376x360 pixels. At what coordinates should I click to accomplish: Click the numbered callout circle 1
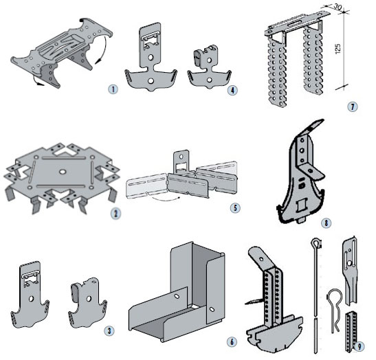pyautogui.click(x=113, y=89)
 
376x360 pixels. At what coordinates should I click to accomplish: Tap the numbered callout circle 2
pyautogui.click(x=115, y=213)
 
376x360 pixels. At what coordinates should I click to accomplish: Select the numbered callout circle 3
pyautogui.click(x=109, y=331)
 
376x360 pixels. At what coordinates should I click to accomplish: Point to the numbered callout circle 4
pyautogui.click(x=232, y=90)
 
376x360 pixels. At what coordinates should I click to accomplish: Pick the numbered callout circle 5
pyautogui.click(x=235, y=207)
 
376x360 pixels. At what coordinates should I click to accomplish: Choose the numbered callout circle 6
pyautogui.click(x=232, y=341)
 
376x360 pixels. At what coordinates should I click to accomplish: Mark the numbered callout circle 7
pyautogui.click(x=352, y=106)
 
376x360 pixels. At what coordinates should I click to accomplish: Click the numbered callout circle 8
pyautogui.click(x=326, y=223)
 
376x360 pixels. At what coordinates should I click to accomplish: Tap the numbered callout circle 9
pyautogui.click(x=360, y=346)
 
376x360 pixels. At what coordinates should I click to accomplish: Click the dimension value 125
pyautogui.click(x=338, y=49)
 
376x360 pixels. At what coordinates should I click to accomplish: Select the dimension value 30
pyautogui.click(x=337, y=7)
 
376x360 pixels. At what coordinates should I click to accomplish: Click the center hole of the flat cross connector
pyautogui.click(x=63, y=172)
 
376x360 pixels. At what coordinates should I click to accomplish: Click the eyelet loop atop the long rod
pyautogui.click(x=316, y=243)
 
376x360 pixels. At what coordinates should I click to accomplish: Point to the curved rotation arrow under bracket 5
pyautogui.click(x=164, y=199)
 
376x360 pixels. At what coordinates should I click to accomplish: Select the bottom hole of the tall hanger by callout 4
pyautogui.click(x=151, y=81)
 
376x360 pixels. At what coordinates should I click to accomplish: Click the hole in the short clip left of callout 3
pyautogui.click(x=89, y=299)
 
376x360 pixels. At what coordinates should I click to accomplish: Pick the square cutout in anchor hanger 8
pyautogui.click(x=302, y=206)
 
